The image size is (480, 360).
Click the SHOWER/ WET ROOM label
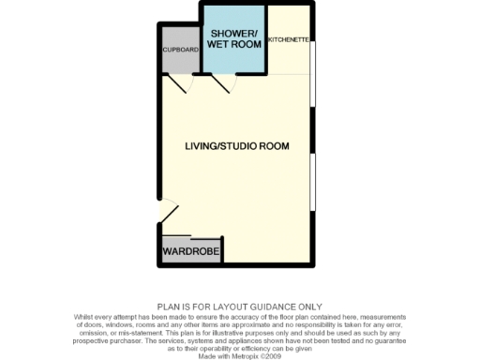233,38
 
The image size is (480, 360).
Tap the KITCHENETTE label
289,40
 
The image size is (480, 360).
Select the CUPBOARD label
180,49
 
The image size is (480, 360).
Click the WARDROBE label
190,252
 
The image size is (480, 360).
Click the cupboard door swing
179,86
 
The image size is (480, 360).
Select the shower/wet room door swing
223,86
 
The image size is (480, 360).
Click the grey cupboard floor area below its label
180,63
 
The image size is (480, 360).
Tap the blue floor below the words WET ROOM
233,61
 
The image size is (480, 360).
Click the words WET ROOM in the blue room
233,44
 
